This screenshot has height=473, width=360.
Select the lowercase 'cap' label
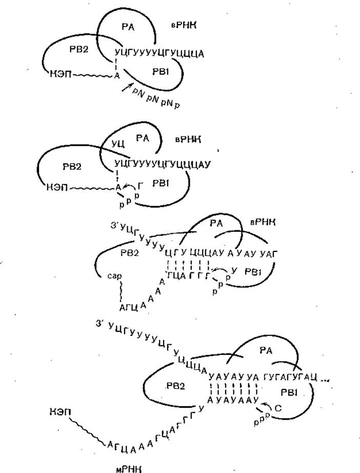point(114,275)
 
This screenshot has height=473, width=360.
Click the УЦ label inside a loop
point(118,145)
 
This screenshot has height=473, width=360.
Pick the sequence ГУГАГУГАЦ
point(289,377)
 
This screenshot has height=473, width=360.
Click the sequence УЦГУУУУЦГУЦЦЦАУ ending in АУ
point(163,164)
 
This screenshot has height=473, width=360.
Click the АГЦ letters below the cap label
point(126,308)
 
